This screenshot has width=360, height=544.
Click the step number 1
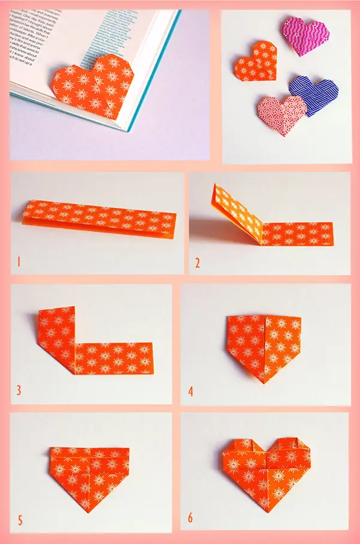19,262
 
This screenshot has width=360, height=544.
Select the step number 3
19,390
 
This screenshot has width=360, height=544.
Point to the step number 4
191,391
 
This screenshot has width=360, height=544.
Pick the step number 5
20,519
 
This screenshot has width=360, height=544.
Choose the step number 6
191,519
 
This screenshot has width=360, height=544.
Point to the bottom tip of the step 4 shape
265,382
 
